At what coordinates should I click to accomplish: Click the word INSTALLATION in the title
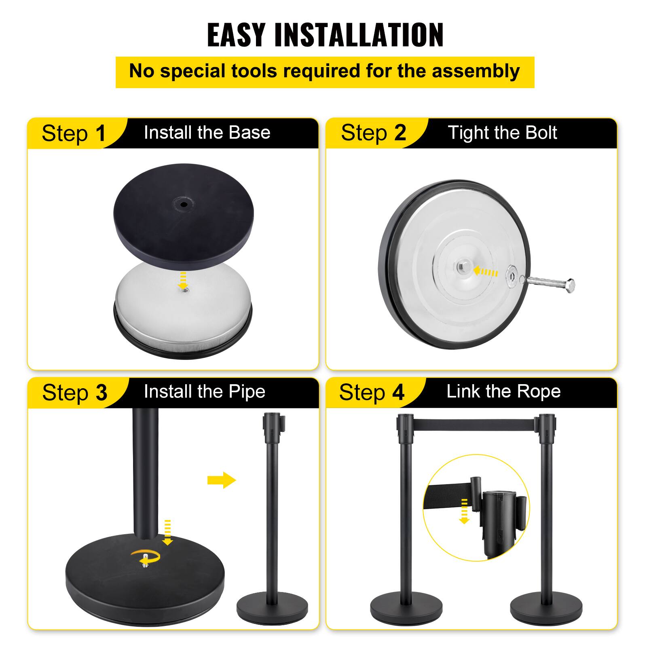359,35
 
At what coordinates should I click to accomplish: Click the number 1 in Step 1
100,133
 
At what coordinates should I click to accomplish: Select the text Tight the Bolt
502,133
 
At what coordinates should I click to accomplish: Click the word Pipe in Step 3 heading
247,391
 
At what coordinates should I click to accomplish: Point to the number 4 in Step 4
398,393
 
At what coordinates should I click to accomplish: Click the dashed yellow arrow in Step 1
183,279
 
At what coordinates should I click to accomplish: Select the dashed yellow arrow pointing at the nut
485,271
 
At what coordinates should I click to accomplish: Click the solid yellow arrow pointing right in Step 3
222,480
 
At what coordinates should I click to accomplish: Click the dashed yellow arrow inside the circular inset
464,511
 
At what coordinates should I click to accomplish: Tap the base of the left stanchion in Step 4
406,609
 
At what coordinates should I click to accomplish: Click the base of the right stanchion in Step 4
546,609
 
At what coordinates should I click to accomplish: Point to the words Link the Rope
503,391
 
